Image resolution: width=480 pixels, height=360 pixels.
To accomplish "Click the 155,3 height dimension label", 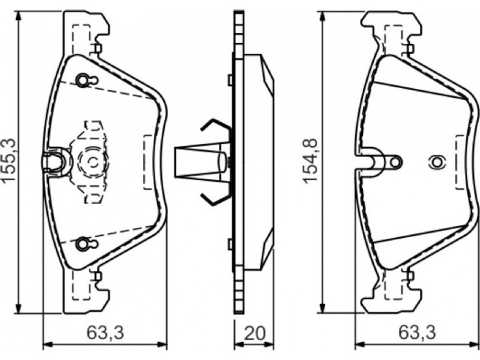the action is coord(8,160).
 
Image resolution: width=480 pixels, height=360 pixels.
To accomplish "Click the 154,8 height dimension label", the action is coord(310,161).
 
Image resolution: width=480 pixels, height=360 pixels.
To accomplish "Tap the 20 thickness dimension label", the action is coord(254,333).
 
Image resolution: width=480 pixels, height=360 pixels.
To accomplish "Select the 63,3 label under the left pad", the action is coord(106,333).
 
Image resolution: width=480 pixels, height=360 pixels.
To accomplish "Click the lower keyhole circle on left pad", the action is coord(82,244).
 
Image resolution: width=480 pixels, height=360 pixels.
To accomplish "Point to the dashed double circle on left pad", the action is coord(93,161).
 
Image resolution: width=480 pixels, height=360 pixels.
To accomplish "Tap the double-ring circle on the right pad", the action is coord(438,162).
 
